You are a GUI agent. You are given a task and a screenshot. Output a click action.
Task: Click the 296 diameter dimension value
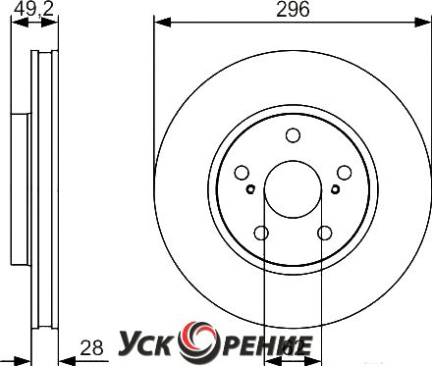pos(293,10)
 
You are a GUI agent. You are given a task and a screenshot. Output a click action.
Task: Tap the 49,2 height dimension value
pos(33,10)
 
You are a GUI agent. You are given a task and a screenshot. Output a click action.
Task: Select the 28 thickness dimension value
pos(92,347)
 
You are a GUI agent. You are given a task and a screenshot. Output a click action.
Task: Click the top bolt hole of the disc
pos(293,135)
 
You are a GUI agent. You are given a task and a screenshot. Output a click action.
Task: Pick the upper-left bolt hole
pos(242,173)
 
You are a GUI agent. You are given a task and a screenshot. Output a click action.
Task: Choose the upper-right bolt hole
pos(345,173)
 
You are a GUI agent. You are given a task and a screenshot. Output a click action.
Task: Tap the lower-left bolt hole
pos(261,233)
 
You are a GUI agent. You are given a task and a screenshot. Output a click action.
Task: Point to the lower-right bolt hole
pos(324,233)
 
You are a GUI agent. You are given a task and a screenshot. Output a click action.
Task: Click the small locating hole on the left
pos(250,189)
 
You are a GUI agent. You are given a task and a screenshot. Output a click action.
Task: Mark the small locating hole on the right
pos(335,189)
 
